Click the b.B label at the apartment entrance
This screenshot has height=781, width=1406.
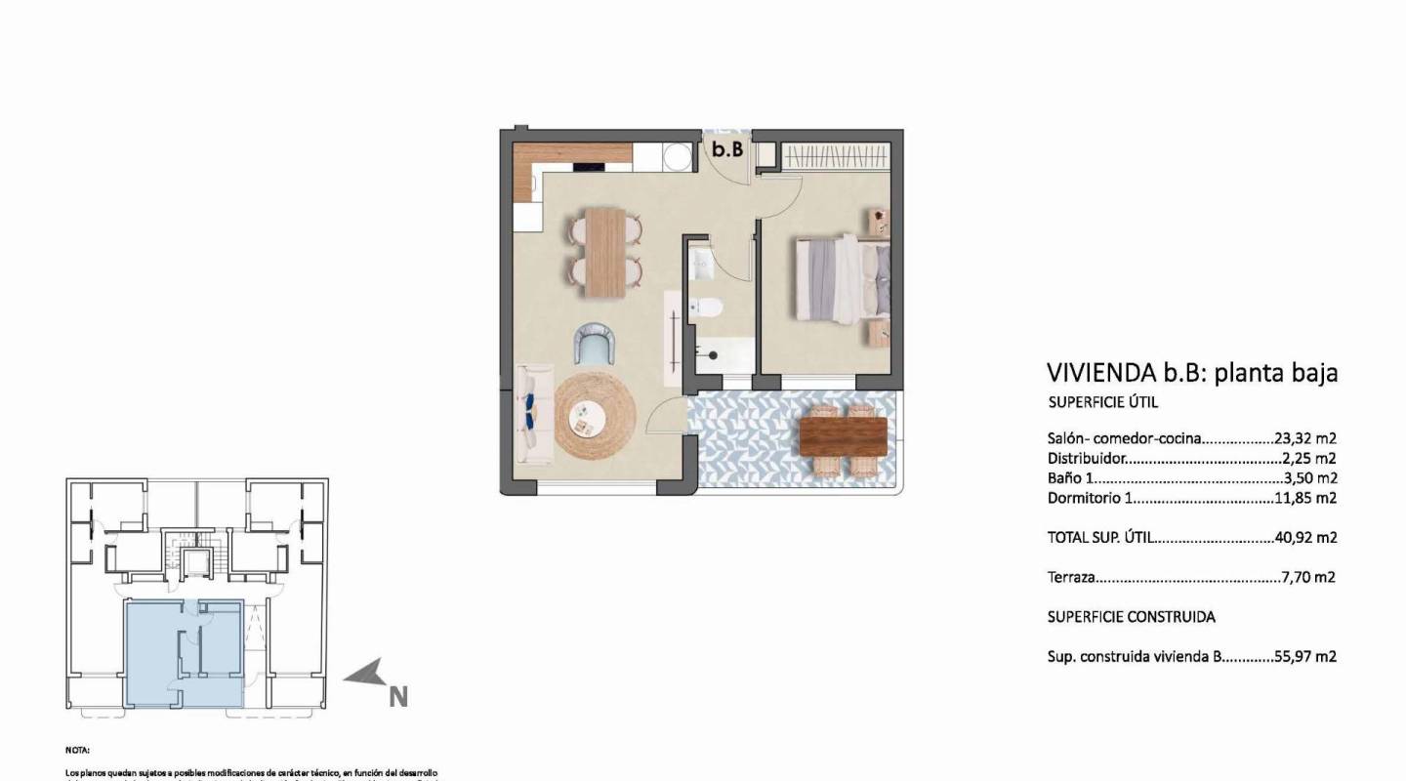coord(727,150)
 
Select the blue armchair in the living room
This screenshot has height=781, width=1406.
coord(596,344)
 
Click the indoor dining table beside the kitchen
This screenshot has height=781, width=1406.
coord(605,252)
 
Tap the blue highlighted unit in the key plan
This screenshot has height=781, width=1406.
coord(184,652)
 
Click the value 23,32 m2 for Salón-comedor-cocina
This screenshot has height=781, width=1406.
coord(1305,438)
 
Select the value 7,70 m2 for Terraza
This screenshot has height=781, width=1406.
coord(1308,577)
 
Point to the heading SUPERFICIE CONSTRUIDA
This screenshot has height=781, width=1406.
coord(1131,617)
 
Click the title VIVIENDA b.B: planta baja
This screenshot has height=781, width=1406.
coord(1191,372)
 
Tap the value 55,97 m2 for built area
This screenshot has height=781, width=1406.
coord(1305,657)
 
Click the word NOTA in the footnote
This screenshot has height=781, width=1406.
coord(78,751)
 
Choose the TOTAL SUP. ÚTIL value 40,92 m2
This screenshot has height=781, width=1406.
coord(1305,537)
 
